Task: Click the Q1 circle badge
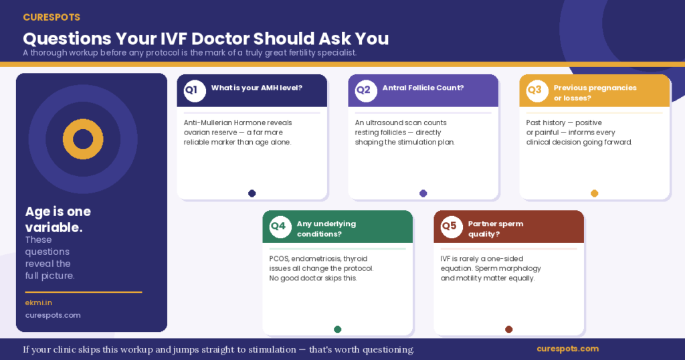pyautogui.click(x=195, y=91)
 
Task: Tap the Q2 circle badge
pyautogui.click(x=366, y=91)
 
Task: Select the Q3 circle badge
pyautogui.click(x=537, y=91)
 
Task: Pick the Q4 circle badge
pyautogui.click(x=280, y=227)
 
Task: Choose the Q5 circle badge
pyautogui.click(x=452, y=227)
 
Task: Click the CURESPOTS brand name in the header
pyautogui.click(x=52, y=17)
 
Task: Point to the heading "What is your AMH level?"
pyautogui.click(x=256, y=88)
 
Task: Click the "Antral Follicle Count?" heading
pyautogui.click(x=423, y=88)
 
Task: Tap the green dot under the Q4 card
pyautogui.click(x=337, y=329)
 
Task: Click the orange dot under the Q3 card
pyautogui.click(x=594, y=193)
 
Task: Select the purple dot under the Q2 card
pyautogui.click(x=423, y=193)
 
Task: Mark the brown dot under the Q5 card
pyautogui.click(x=508, y=329)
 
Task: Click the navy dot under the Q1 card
pyautogui.click(x=252, y=193)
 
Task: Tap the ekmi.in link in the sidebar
pyautogui.click(x=38, y=302)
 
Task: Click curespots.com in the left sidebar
pyautogui.click(x=53, y=315)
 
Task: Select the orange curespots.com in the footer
pyautogui.click(x=567, y=349)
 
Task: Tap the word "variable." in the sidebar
pyautogui.click(x=54, y=228)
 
